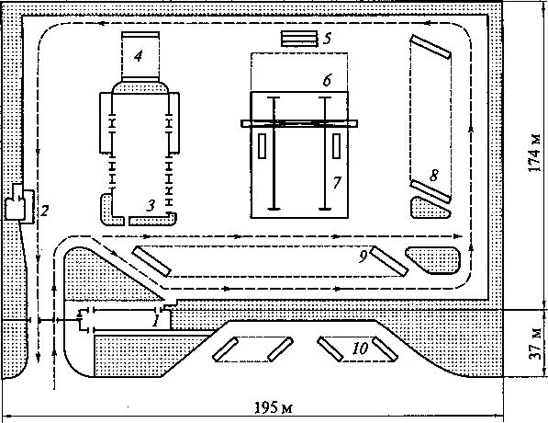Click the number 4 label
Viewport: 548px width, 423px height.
coord(139,56)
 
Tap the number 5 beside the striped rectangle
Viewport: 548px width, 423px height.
coord(327,39)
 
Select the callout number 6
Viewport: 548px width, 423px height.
coord(327,80)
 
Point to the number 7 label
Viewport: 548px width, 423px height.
coord(337,182)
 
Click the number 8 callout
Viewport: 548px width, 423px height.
coord(433,175)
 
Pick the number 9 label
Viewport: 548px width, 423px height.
coord(363,257)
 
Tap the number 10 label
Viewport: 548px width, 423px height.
coord(361,349)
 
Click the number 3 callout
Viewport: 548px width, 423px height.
coord(151,206)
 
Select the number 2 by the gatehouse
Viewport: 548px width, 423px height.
coord(44,211)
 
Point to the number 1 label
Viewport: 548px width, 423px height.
coord(155,320)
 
